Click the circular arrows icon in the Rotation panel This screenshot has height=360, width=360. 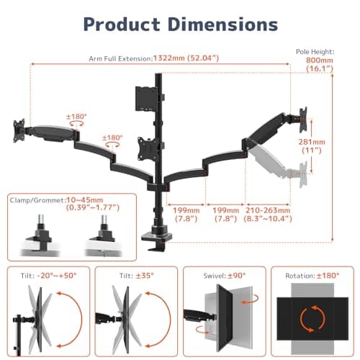[x=312, y=318]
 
